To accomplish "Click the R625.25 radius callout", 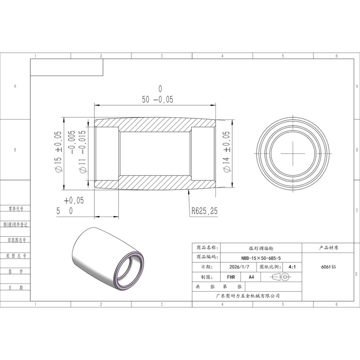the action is [205, 211].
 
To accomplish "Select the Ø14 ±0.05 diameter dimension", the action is [226, 152].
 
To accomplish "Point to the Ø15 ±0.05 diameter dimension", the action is [58, 152].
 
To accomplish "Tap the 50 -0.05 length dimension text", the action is [157, 99].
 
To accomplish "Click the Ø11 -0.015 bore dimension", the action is [82, 152].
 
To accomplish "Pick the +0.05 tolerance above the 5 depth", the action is [74, 200].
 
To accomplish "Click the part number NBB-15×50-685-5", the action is [261, 258].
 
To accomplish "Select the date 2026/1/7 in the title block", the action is [239, 267].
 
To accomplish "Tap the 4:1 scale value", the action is [292, 267].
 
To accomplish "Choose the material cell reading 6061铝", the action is [328, 267].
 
